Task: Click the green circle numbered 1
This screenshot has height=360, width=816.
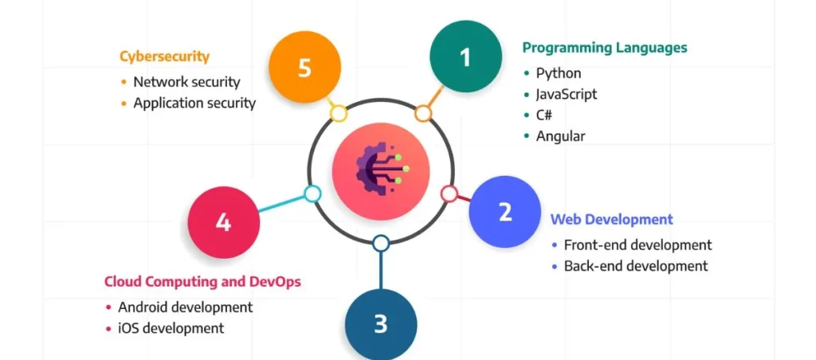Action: click(465, 57)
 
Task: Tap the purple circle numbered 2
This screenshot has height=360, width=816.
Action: click(504, 212)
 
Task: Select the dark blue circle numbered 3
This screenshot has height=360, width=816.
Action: click(381, 323)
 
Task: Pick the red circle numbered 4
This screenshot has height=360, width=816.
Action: click(223, 221)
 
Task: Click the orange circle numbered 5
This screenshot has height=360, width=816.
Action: click(304, 68)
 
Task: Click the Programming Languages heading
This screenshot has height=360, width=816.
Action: click(604, 48)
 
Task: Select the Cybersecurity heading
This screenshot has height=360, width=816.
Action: click(164, 57)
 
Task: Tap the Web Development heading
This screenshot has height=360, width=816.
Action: click(611, 219)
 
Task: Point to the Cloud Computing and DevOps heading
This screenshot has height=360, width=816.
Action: click(203, 281)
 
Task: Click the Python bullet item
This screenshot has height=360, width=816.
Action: click(559, 73)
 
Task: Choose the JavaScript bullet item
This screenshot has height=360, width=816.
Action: click(566, 94)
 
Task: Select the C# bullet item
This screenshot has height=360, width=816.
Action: click(544, 115)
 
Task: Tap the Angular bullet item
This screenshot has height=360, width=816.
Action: click(560, 135)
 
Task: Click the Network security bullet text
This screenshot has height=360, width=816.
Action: click(186, 81)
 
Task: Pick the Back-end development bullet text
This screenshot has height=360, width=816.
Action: click(635, 266)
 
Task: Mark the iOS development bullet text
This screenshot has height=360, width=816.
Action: click(171, 327)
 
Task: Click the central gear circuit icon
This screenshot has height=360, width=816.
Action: click(381, 169)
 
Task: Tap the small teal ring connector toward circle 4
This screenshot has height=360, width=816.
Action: click(312, 194)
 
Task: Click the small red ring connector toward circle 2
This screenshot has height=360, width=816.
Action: click(449, 194)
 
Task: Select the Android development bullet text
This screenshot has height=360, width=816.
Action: click(185, 307)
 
